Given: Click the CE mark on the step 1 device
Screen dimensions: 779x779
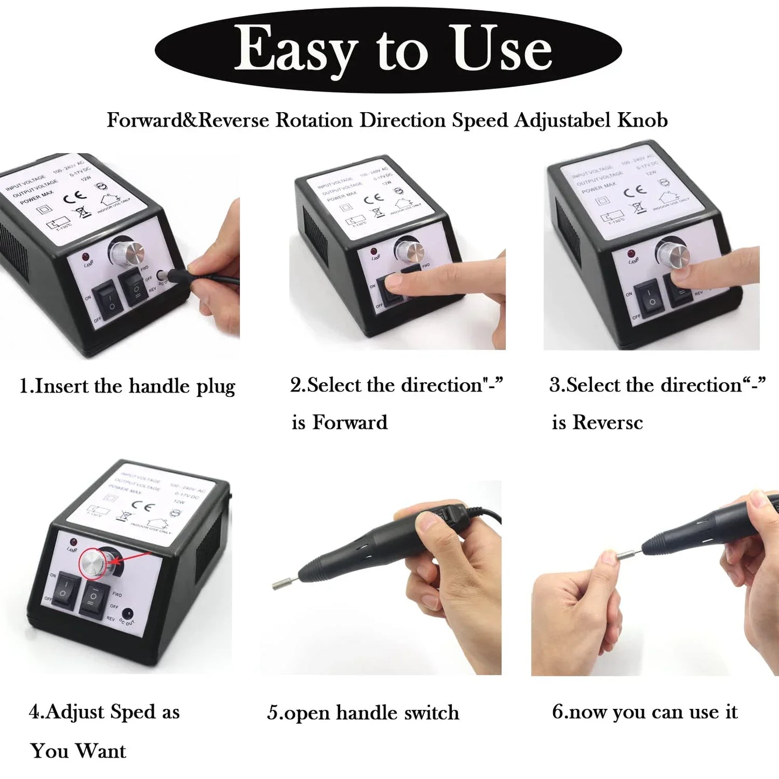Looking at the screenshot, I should click(x=75, y=197).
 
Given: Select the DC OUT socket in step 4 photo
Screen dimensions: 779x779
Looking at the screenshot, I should click(x=128, y=614).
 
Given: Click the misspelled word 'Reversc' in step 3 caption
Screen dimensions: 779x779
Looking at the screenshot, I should click(x=607, y=422).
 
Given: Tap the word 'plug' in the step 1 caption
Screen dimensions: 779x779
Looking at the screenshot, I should click(x=216, y=387).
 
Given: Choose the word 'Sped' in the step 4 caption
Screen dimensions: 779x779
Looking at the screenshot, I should click(x=133, y=712).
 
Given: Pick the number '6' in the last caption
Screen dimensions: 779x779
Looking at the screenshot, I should click(x=557, y=712).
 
